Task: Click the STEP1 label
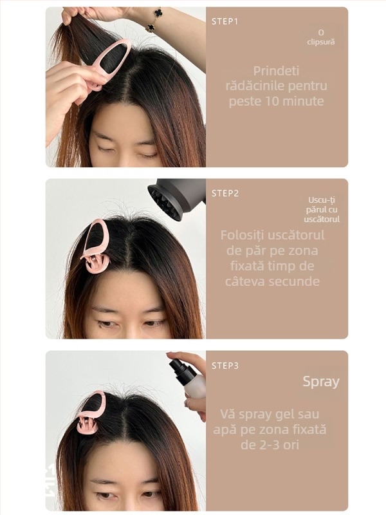pyautogui.click(x=225, y=21)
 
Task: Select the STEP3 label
pyautogui.click(x=225, y=366)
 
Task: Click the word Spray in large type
pyautogui.click(x=321, y=381)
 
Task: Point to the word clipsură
pyautogui.click(x=321, y=42)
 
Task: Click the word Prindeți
pyautogui.click(x=277, y=71)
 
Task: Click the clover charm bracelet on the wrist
pyautogui.click(x=154, y=19)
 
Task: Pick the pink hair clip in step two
pyautogui.click(x=95, y=248)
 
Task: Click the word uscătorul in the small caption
pyautogui.click(x=323, y=219)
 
